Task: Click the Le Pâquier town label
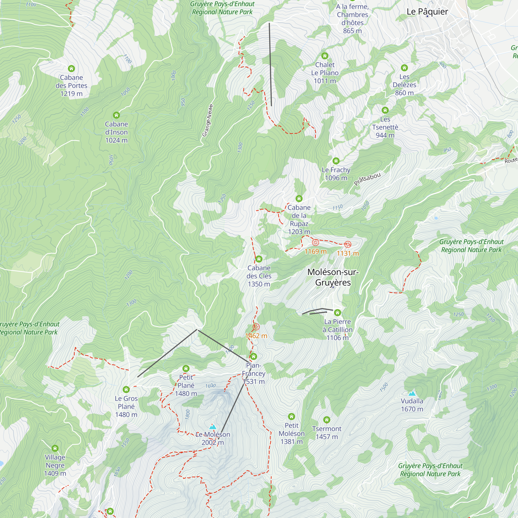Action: (x=427, y=12)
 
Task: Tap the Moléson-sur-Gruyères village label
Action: (x=333, y=277)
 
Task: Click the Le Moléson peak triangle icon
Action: (x=213, y=427)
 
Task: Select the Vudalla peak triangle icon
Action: (x=412, y=393)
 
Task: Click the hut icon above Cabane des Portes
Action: (x=71, y=68)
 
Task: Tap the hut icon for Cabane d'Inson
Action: (x=116, y=115)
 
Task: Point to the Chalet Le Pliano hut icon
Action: (x=325, y=56)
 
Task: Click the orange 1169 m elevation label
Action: (x=315, y=251)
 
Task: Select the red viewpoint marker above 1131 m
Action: (x=348, y=244)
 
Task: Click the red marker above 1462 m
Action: (x=256, y=327)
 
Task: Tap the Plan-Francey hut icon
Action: (x=253, y=356)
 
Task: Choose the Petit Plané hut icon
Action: (x=186, y=368)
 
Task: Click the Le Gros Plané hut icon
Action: (x=126, y=389)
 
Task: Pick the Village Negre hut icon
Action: (x=55, y=448)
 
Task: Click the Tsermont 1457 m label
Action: (x=327, y=433)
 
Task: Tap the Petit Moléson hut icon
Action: (x=291, y=416)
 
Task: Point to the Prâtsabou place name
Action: (x=367, y=179)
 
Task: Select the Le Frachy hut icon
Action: (x=336, y=161)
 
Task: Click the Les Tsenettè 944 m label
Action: (x=385, y=127)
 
